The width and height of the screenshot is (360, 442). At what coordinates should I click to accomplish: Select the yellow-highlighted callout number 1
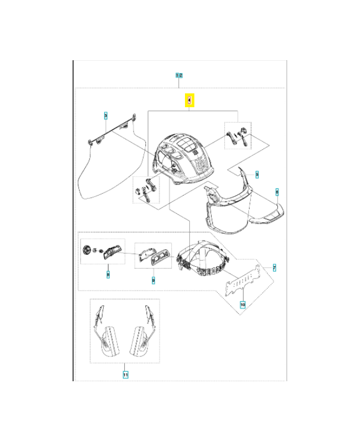pyautogui.click(x=189, y=101)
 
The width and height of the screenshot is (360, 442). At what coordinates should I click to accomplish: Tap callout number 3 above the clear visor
pyautogui.click(x=105, y=115)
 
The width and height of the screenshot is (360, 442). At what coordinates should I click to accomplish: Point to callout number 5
pyautogui.click(x=257, y=174)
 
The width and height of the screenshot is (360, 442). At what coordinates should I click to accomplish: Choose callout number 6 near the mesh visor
pyautogui.click(x=277, y=192)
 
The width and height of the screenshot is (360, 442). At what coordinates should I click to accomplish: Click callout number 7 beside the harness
pyautogui.click(x=274, y=267)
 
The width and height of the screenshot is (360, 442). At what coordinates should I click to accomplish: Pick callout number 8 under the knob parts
pyautogui.click(x=108, y=273)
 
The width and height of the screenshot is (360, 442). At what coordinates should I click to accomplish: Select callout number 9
pyautogui.click(x=153, y=280)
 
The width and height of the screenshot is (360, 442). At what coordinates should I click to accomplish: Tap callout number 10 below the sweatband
pyautogui.click(x=242, y=304)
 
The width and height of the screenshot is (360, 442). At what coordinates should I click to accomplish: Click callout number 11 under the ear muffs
pyautogui.click(x=125, y=375)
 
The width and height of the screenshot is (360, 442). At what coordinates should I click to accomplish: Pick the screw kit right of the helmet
pyautogui.click(x=238, y=136)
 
